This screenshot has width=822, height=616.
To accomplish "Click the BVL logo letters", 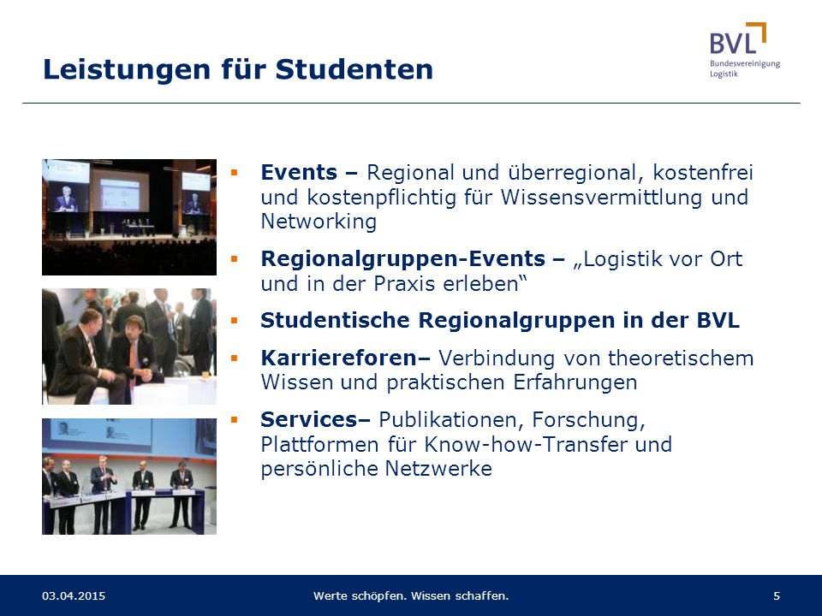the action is pos(733,43).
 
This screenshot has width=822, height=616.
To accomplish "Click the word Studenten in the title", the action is pos(354,69).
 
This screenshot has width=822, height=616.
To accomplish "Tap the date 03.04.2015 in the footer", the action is pos(74,595).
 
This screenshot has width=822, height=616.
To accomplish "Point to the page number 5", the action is pos(777,595).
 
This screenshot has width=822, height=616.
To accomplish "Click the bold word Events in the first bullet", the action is pos(299,172).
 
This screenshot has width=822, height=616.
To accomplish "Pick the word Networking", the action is pos(319,221).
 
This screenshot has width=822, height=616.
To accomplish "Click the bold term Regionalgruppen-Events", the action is pos(403,258).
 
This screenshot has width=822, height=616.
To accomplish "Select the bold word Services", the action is pos(309,419).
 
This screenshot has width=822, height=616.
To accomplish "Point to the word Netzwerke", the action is pos(438,468).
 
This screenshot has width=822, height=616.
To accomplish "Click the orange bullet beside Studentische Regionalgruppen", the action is pos(234,321).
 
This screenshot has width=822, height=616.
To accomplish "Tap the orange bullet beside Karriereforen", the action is pos(234,358).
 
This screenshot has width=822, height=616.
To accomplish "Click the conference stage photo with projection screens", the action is pos(129,217).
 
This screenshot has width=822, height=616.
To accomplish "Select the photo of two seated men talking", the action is pos(129,346).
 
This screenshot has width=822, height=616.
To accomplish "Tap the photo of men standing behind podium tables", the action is pos(129,477).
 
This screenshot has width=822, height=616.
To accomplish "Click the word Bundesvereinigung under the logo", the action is pos(745,64).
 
